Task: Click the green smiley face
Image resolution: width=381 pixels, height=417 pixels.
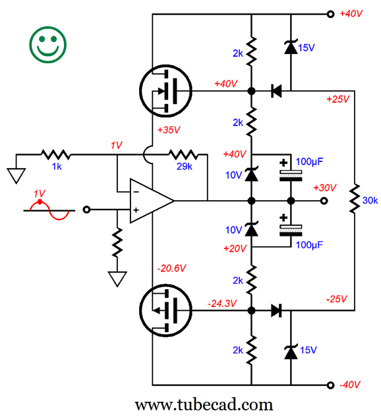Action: [x=48, y=45]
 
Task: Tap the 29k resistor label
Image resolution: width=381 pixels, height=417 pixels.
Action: [x=185, y=167]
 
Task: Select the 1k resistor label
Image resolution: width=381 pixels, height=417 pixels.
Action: [x=57, y=167]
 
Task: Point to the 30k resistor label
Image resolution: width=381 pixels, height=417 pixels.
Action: [x=370, y=200]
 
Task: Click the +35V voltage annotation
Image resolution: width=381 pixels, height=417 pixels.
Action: [x=169, y=130]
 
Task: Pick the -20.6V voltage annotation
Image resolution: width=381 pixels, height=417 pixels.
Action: [x=171, y=268]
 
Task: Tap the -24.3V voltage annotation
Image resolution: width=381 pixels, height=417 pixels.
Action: [x=222, y=304]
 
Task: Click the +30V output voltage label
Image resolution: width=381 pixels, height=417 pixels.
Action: [x=325, y=188]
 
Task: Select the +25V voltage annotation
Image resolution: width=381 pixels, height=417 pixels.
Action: [x=338, y=99]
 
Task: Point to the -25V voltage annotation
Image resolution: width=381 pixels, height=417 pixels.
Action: [x=337, y=299]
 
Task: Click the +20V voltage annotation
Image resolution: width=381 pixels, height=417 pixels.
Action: [x=235, y=248]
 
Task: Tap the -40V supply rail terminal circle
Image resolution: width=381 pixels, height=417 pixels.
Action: [x=330, y=385]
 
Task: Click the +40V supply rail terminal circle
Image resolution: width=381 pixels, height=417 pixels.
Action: [x=330, y=14]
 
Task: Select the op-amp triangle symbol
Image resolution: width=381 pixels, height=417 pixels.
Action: [x=152, y=201]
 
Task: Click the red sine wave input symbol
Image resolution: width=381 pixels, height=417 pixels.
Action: [x=49, y=209]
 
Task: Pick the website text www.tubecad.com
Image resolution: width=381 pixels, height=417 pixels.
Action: [x=204, y=405]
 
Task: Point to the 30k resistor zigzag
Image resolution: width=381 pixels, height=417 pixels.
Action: [x=355, y=198]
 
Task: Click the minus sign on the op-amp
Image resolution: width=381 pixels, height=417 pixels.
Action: [x=136, y=192]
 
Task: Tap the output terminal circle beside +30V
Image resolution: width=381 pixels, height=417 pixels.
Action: [x=324, y=201]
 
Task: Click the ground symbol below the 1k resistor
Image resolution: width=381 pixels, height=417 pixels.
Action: [x=16, y=175]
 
